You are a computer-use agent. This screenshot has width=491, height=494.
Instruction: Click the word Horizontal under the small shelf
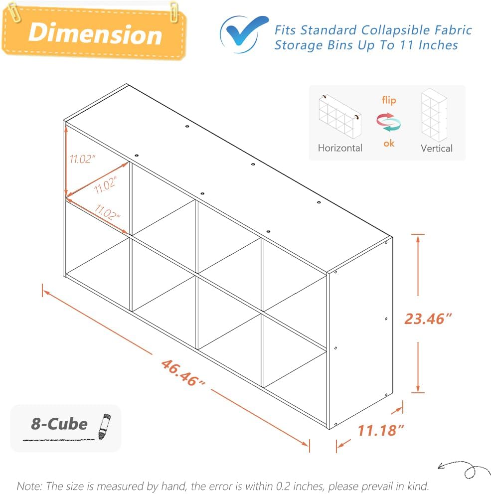pos(340,148)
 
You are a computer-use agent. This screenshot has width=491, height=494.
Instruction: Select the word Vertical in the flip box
pos(436,148)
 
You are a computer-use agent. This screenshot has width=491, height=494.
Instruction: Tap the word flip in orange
pos(389,100)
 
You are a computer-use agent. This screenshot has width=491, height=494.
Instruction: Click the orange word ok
pos(389,143)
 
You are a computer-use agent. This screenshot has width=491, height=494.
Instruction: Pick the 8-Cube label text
pos(59,424)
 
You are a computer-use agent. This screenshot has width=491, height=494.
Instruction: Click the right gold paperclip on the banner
pos(174,11)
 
